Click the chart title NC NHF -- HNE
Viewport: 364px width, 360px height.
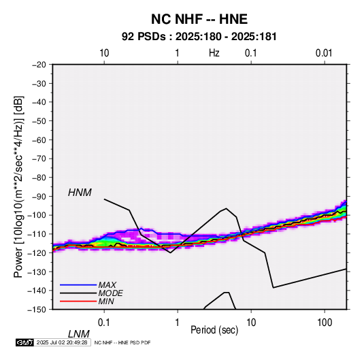click(x=199, y=19)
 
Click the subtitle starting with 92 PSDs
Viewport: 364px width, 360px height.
click(x=199, y=37)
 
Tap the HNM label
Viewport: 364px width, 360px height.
click(x=80, y=193)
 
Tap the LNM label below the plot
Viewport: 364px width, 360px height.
click(x=79, y=334)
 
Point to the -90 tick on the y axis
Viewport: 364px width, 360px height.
click(x=39, y=196)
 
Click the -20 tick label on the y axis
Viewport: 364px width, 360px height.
click(x=39, y=65)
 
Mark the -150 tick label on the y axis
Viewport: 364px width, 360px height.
click(x=37, y=310)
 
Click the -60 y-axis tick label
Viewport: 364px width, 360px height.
click(x=39, y=140)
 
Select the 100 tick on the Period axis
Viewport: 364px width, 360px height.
click(x=325, y=323)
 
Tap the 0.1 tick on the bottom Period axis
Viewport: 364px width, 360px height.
click(x=104, y=323)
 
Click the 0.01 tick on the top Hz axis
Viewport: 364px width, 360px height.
click(x=324, y=53)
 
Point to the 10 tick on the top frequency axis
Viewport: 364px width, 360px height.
click(x=104, y=53)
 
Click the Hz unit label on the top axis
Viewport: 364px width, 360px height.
click(x=214, y=53)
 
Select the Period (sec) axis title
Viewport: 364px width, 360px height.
click(x=214, y=330)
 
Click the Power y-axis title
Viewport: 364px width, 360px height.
click(x=18, y=187)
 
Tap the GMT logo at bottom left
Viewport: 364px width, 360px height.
click(x=24, y=342)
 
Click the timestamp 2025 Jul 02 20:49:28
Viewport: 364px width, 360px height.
click(x=62, y=342)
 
